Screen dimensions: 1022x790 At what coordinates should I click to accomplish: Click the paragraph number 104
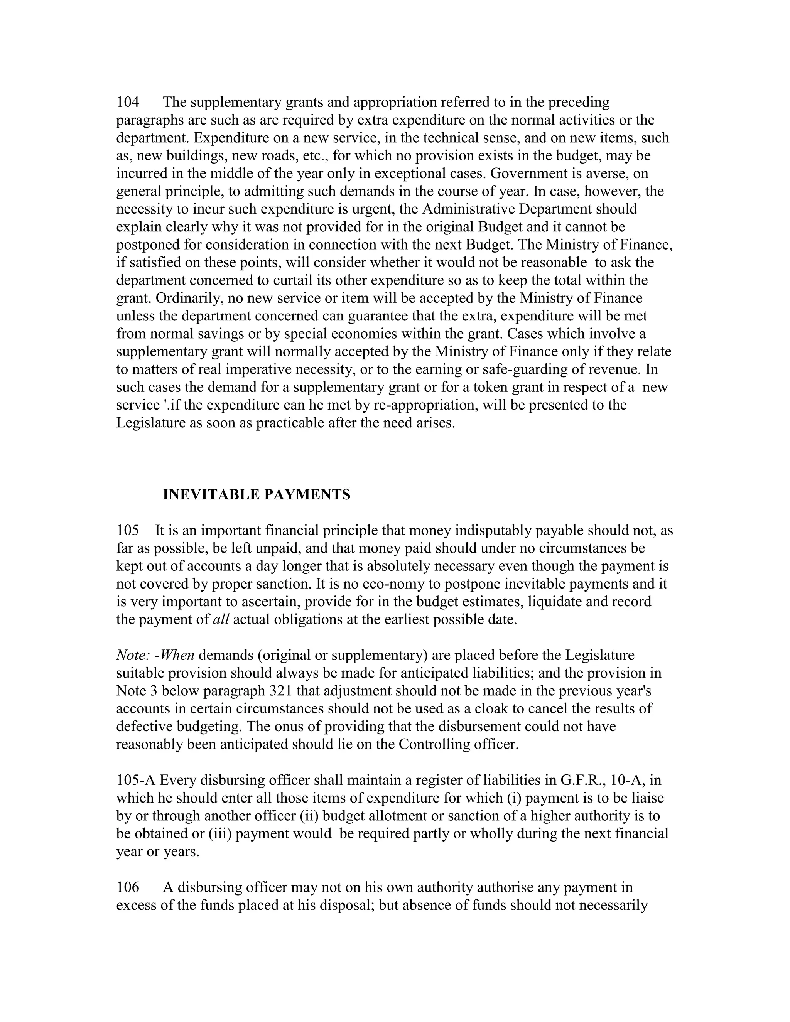[x=128, y=102]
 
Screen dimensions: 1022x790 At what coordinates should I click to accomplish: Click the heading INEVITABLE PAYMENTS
[x=256, y=495]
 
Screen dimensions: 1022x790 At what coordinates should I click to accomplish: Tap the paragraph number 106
[x=128, y=887]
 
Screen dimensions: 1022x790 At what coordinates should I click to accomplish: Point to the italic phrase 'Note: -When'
[x=155, y=655]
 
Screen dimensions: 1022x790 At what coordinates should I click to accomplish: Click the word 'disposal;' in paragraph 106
[x=336, y=905]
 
